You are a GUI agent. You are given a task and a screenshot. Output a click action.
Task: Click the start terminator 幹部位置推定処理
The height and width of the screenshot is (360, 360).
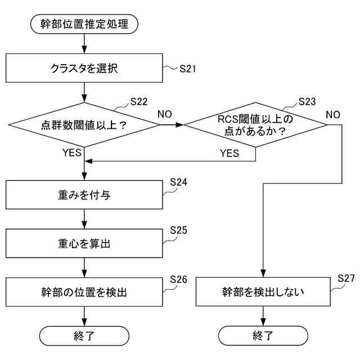[x=84, y=24]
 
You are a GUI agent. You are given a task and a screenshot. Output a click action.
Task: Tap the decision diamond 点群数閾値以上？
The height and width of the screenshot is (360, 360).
[x=84, y=125]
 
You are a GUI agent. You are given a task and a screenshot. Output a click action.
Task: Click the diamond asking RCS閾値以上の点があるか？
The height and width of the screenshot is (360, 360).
[x=256, y=125]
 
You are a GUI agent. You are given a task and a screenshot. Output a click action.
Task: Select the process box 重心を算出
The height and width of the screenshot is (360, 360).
[x=84, y=244]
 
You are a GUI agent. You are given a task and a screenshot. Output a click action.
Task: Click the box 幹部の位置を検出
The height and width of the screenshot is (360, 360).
[x=84, y=292]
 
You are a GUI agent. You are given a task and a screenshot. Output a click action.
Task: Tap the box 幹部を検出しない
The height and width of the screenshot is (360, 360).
[x=263, y=292]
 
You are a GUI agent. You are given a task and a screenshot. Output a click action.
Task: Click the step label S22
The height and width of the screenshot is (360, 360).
[x=139, y=102]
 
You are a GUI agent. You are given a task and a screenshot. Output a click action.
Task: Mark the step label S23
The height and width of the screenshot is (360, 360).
[x=307, y=102]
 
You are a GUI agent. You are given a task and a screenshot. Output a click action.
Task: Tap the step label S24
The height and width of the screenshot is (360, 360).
[x=178, y=183]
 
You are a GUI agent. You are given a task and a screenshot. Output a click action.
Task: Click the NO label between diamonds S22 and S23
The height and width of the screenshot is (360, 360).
[x=165, y=114]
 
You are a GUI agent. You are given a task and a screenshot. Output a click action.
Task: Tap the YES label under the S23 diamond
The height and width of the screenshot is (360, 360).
[x=229, y=152]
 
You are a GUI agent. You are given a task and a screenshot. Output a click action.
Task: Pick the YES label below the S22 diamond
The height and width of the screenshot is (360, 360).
[x=74, y=152]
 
